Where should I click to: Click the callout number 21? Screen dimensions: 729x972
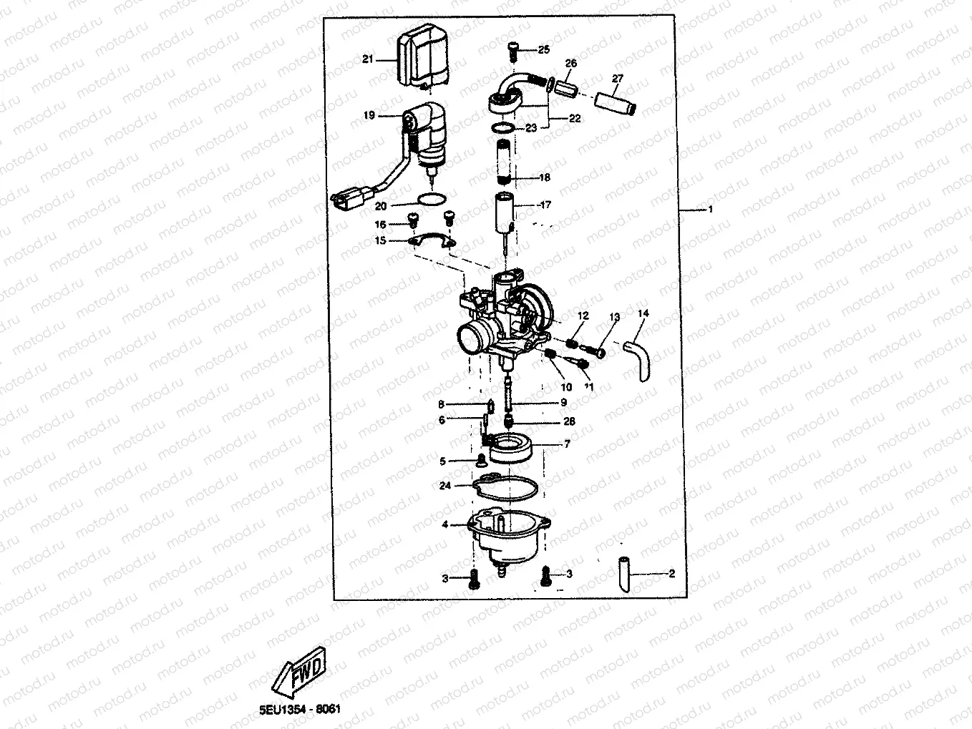coord(368,60)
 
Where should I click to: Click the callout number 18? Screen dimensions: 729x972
coord(545,177)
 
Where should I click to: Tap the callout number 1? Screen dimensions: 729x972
coord(711,210)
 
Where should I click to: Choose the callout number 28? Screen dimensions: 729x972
coord(569,422)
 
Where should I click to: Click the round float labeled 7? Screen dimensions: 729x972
coord(512,448)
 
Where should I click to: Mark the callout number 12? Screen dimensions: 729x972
coord(583,315)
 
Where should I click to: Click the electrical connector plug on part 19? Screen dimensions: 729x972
coord(346,201)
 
